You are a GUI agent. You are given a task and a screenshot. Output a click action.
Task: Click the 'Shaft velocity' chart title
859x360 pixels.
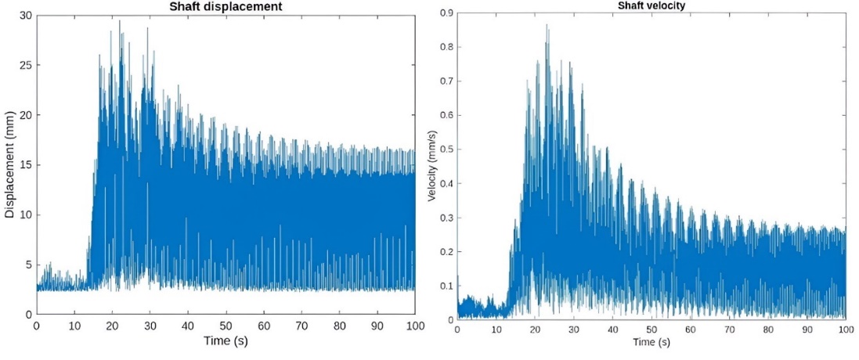click(651, 6)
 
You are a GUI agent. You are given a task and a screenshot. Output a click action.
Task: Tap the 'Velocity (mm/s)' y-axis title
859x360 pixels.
click(431, 165)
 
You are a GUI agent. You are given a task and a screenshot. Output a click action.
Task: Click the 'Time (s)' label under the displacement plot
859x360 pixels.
click(226, 341)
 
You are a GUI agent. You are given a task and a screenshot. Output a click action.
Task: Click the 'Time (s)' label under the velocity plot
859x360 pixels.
click(651, 342)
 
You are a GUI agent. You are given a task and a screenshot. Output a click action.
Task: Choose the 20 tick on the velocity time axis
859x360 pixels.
click(535, 330)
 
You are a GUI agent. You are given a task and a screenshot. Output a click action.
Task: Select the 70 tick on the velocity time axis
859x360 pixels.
click(729, 330)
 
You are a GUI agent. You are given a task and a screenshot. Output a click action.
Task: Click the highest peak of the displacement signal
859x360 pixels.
click(120, 21)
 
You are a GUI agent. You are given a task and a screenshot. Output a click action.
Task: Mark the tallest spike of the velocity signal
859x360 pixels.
click(547, 25)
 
